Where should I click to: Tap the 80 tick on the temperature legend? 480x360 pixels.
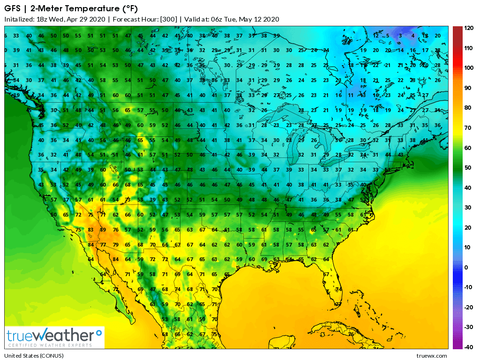468,108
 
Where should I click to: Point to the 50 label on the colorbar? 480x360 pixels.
468,167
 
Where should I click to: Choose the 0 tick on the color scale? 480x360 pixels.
466,267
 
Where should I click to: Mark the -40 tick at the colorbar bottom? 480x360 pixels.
468,347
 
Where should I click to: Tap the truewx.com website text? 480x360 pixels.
431,356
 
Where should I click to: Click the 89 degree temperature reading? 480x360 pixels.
102,230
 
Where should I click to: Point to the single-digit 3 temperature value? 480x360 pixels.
400,36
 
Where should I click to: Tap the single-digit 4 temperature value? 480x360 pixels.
412,36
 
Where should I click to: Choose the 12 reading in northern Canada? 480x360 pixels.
376,36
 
